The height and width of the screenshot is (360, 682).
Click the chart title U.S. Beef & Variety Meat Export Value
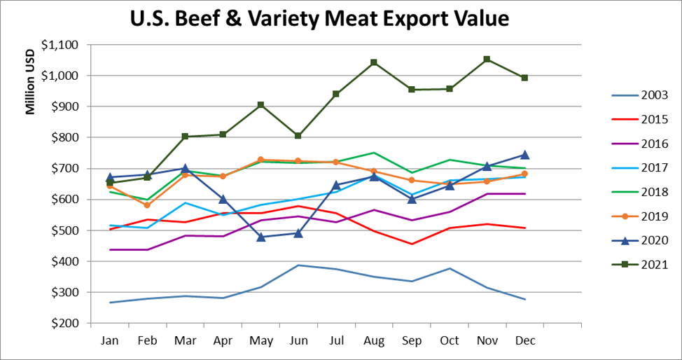coord(320,18)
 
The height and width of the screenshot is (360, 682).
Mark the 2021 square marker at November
coord(487,60)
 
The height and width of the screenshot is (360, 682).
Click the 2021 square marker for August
coord(374,62)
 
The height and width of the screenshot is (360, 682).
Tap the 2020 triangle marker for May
coord(260,237)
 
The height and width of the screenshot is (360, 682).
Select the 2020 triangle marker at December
coord(524,155)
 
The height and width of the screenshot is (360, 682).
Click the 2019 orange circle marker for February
coord(147,205)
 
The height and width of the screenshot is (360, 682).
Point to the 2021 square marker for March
coord(185,137)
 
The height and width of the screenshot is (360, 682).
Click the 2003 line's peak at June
coord(298,265)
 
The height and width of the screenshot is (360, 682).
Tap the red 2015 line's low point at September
coord(412,244)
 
